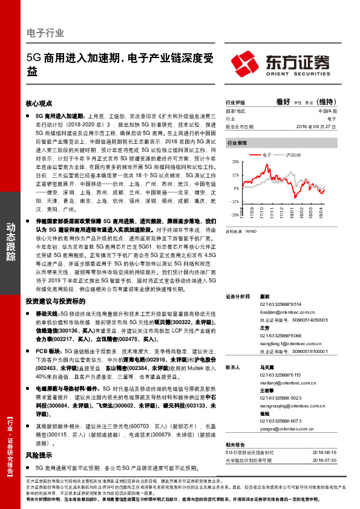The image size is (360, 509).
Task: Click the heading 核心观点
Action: (40, 103)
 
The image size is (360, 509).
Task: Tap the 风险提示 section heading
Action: (40, 438)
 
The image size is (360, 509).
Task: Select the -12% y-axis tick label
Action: (234, 201)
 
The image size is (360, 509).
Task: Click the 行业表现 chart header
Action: (237, 143)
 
